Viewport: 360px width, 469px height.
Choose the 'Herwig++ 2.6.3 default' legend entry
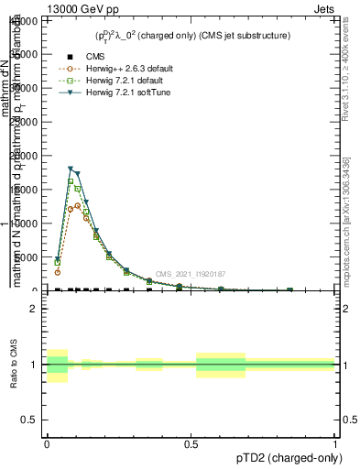pos(120,69)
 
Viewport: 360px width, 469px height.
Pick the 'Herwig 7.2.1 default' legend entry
pos(117,81)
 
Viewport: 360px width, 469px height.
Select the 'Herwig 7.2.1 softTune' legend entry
pos(118,93)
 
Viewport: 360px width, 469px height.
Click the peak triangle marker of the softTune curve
pos(71,169)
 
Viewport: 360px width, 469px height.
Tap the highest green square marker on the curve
pos(71,181)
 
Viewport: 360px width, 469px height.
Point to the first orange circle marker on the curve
pos(57,272)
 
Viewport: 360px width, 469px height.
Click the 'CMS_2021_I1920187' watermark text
pos(190,274)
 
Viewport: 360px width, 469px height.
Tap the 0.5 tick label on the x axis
pos(191,442)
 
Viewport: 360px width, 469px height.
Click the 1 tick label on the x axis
pos(335,442)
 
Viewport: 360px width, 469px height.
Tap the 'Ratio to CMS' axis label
pos(13,365)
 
